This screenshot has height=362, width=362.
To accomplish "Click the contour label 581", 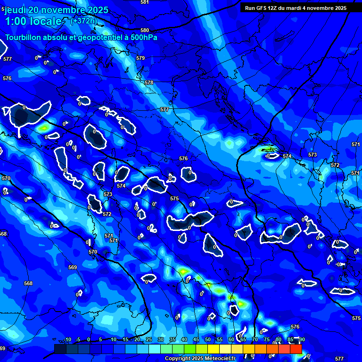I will pos(145,2).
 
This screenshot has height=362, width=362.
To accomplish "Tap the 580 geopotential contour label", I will pos(145,31).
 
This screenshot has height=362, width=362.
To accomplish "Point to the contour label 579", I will pos(140,58).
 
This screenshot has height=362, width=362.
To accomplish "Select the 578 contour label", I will pos(149,82).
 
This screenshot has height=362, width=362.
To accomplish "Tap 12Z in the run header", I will pos(277,8).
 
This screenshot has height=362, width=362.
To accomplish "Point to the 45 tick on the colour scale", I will pos(196,339).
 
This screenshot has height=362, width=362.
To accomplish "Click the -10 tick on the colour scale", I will pos(67,339).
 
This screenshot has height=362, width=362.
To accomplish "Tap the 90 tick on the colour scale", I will pos(302,339).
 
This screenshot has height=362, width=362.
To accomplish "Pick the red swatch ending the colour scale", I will pos(296,349).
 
